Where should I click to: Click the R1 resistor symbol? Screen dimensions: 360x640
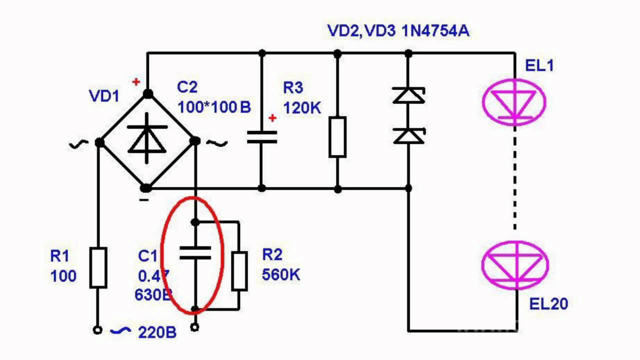(98, 267)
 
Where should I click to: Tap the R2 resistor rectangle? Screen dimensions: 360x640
(239, 271)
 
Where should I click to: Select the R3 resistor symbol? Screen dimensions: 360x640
(337, 136)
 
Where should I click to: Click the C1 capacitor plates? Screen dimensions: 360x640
(195, 252)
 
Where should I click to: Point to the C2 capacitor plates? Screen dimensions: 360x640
(261, 137)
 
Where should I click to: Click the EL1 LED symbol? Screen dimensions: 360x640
(514, 102)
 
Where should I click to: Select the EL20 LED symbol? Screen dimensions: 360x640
(515, 264)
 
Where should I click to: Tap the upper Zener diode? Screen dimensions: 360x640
(408, 95)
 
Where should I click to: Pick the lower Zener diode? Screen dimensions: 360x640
(408, 135)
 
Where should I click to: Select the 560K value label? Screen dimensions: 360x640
(281, 274)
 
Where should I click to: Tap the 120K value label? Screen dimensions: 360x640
(302, 107)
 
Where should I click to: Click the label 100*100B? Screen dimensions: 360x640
(213, 107)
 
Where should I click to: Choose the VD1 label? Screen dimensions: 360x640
(104, 96)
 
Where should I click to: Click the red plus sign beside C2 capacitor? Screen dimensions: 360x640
(272, 118)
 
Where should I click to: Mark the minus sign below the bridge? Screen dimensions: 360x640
(143, 200)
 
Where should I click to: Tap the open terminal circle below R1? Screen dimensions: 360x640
(98, 330)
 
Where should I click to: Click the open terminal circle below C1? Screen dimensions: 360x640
(195, 327)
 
